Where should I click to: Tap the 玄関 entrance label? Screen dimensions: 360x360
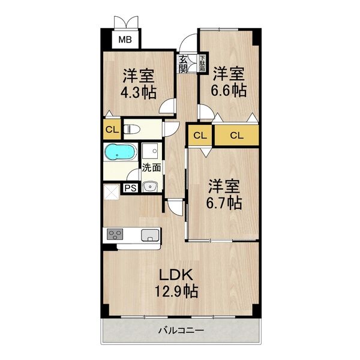[182, 64]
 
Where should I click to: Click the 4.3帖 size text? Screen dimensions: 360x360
[139, 93]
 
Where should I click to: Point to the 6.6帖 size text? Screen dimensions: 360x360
[228, 91]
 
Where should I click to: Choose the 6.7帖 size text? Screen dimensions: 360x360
[225, 203]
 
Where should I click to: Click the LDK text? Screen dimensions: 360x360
[175, 275]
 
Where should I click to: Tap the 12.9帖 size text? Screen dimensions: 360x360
[175, 292]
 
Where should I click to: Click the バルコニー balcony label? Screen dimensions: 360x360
[181, 330]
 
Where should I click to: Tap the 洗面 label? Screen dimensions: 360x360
[151, 168]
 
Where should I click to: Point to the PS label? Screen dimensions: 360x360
[130, 188]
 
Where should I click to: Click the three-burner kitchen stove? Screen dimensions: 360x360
[115, 234]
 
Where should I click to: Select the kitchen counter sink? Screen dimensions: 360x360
[150, 234]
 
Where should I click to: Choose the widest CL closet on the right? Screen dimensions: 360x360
[237, 135]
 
